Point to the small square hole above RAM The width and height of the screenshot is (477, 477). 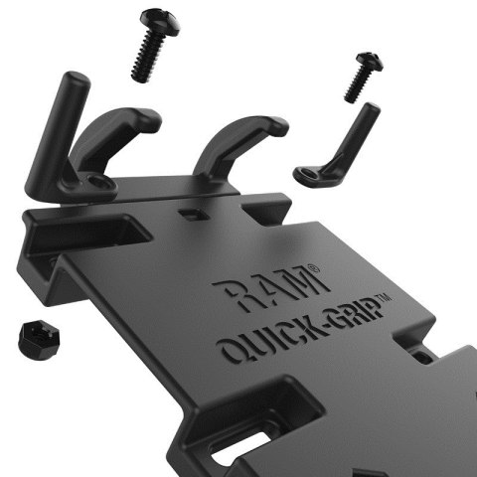coord(190,213)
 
